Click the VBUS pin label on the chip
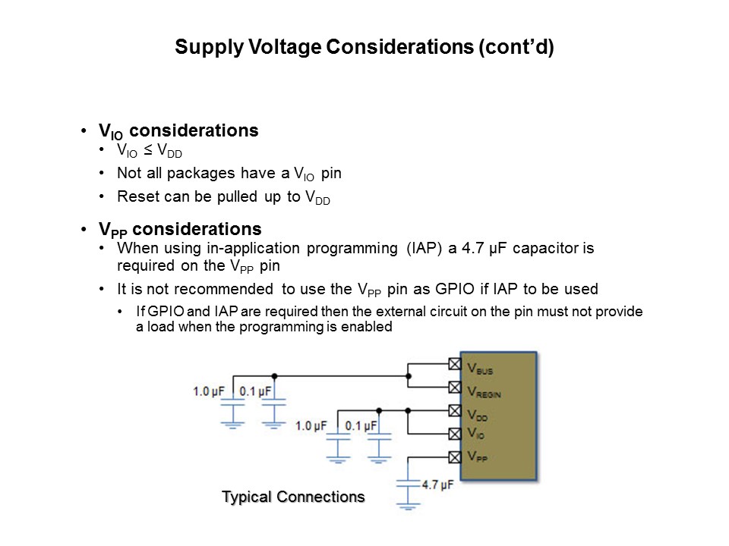click(480, 370)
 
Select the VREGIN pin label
click(484, 393)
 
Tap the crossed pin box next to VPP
click(454, 457)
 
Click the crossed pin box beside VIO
click(454, 434)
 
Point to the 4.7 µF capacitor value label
click(437, 484)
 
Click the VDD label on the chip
click(478, 416)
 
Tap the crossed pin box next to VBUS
click(454, 365)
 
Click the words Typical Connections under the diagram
click(293, 497)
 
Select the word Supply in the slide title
click(201, 48)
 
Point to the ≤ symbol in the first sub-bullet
click(147, 151)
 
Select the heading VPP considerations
click(180, 229)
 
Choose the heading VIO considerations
click(178, 130)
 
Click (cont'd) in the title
click(516, 48)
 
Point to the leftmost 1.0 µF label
click(208, 392)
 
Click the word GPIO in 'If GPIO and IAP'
click(162, 312)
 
